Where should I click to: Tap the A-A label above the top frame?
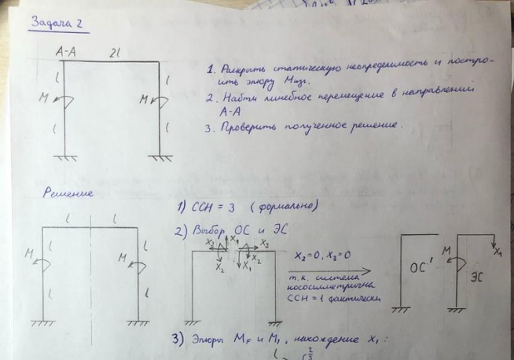66,53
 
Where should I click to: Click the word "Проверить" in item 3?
252,127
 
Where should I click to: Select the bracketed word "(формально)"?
277,208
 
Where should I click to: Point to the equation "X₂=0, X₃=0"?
321,256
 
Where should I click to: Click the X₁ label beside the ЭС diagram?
497,254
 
